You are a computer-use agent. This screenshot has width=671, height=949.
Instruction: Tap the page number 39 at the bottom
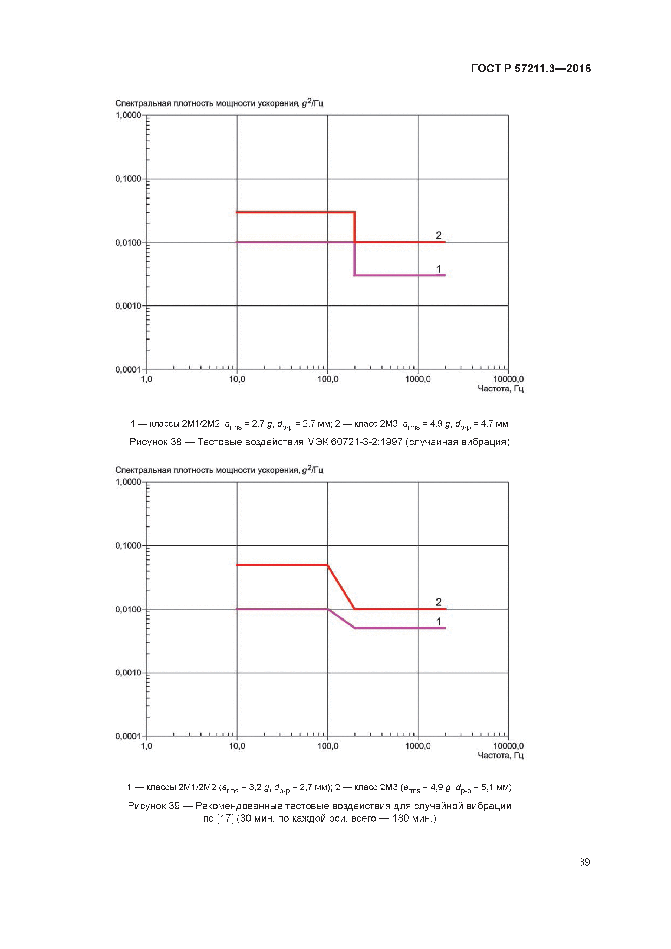point(584,862)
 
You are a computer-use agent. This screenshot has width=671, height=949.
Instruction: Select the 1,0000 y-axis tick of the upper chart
point(128,115)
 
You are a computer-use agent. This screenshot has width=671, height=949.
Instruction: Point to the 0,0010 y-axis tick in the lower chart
point(128,673)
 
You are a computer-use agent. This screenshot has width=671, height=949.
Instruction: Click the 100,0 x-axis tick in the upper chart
point(327,379)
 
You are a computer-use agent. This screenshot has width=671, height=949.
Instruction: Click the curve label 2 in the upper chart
point(439,235)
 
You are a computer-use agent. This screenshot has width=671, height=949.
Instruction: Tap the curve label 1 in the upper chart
point(439,269)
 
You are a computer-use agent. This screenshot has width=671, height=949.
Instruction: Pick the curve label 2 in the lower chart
point(439,602)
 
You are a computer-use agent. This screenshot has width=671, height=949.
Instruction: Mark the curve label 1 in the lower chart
point(439,622)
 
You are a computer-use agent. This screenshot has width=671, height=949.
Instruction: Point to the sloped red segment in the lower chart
point(341,587)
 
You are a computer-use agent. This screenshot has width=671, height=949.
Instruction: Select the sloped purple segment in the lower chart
point(341,618)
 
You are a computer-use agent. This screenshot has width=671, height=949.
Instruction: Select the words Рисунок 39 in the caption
point(154,806)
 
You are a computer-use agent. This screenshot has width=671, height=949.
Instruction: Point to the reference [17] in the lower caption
point(225,818)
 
